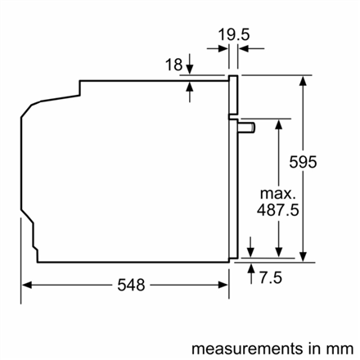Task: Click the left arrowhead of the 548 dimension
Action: tap(26, 285)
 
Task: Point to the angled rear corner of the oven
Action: tap(33, 106)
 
